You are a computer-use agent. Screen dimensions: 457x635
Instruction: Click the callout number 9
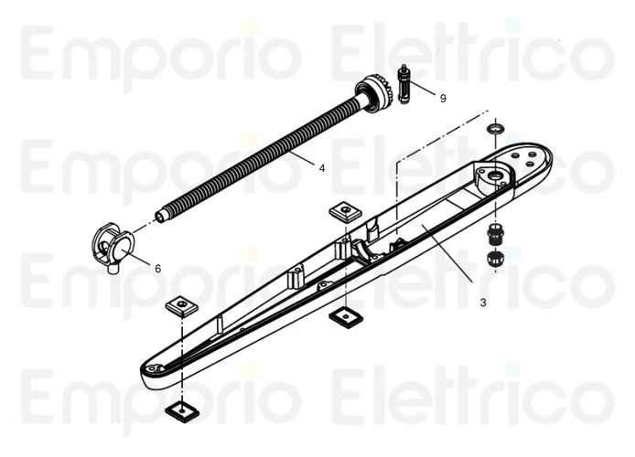point(443,98)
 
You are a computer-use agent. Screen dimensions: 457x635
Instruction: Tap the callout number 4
point(321,167)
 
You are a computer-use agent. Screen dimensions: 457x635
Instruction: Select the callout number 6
point(157,269)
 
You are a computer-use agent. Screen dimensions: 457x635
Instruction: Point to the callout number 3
point(482,301)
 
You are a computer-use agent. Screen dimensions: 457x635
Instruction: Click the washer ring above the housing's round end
point(495,129)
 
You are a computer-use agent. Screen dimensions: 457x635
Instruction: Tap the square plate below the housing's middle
point(343,317)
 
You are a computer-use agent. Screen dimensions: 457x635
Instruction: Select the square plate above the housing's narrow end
point(181,303)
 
